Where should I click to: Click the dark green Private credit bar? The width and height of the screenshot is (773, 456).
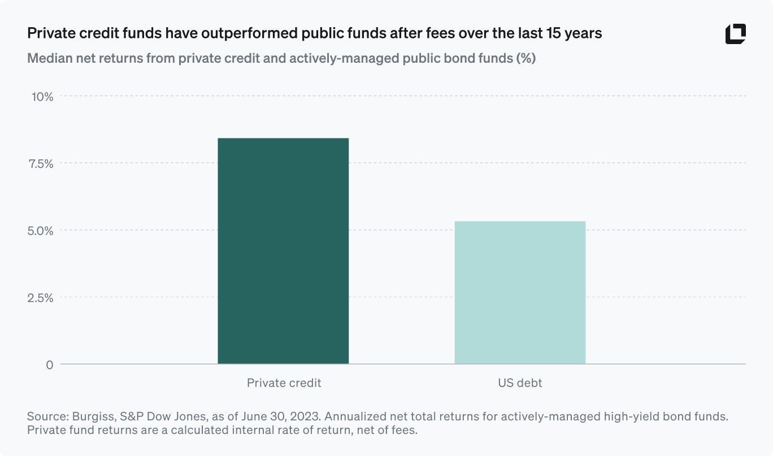(283, 251)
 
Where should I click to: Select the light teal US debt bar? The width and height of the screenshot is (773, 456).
(520, 292)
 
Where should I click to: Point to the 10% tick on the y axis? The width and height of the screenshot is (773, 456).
(41, 97)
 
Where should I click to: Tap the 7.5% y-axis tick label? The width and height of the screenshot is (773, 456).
(40, 164)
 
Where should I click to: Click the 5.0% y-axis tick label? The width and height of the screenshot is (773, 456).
(40, 231)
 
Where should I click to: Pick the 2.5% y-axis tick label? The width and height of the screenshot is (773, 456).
(40, 298)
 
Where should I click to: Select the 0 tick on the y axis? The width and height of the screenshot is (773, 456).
(49, 365)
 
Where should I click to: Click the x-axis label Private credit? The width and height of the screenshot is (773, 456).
(284, 383)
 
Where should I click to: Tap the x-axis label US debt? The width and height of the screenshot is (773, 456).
(520, 383)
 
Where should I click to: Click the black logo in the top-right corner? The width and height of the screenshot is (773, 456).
(735, 34)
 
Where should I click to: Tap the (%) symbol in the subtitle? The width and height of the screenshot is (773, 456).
(526, 59)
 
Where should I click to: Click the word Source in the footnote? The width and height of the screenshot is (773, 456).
(47, 417)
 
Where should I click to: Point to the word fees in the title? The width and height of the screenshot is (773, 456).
(440, 34)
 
